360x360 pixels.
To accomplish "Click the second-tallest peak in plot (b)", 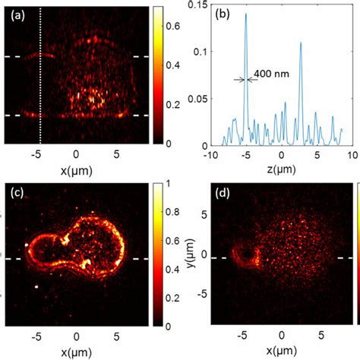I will pos(301,43).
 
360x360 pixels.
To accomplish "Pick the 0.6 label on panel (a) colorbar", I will pos(171,26).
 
